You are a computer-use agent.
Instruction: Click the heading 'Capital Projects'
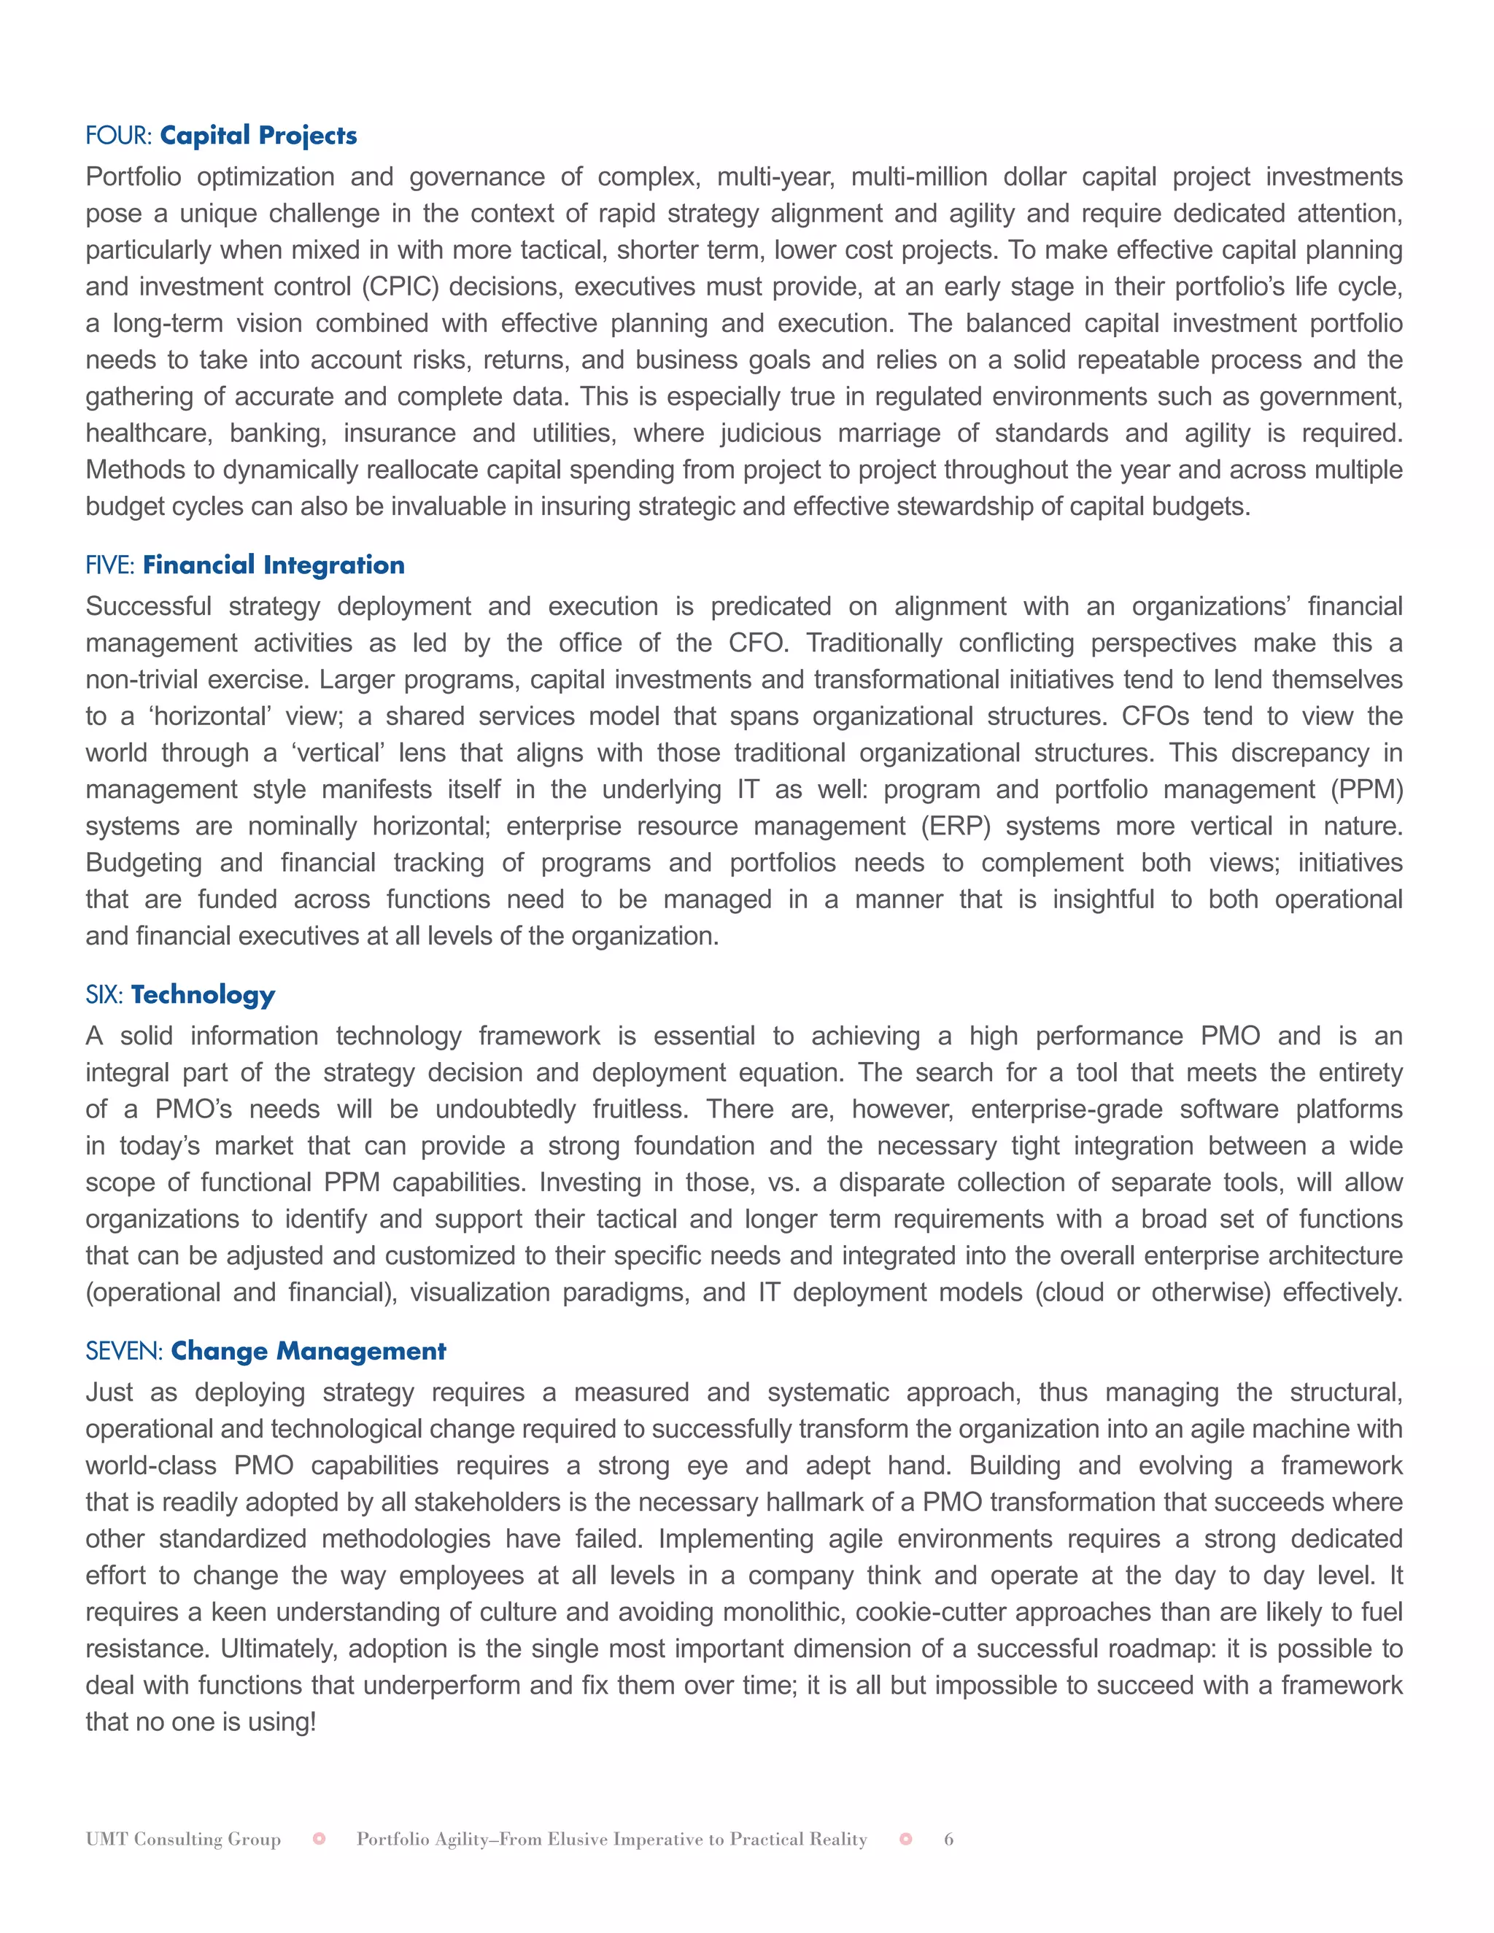[x=258, y=136]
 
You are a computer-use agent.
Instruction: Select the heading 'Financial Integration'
[x=274, y=565]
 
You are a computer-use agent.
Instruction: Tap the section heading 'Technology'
[x=203, y=995]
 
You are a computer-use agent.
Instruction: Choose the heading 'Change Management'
[x=308, y=1351]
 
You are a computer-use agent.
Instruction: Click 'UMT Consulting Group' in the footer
[x=183, y=1839]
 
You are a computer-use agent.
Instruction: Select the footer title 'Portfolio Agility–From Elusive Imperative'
[x=611, y=1839]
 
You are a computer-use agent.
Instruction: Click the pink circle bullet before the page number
[x=905, y=1839]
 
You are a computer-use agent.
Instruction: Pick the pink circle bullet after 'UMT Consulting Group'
[x=320, y=1839]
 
